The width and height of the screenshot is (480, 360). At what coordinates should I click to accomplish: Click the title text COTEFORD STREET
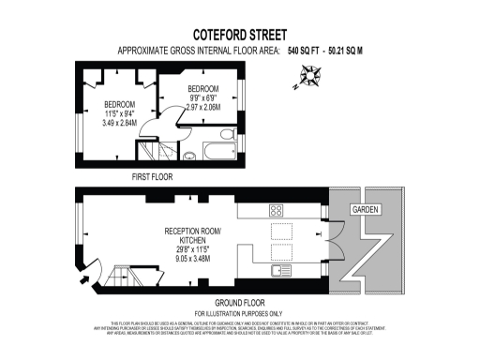[239, 31]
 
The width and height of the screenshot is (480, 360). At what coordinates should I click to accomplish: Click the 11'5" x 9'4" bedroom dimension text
[119, 112]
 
